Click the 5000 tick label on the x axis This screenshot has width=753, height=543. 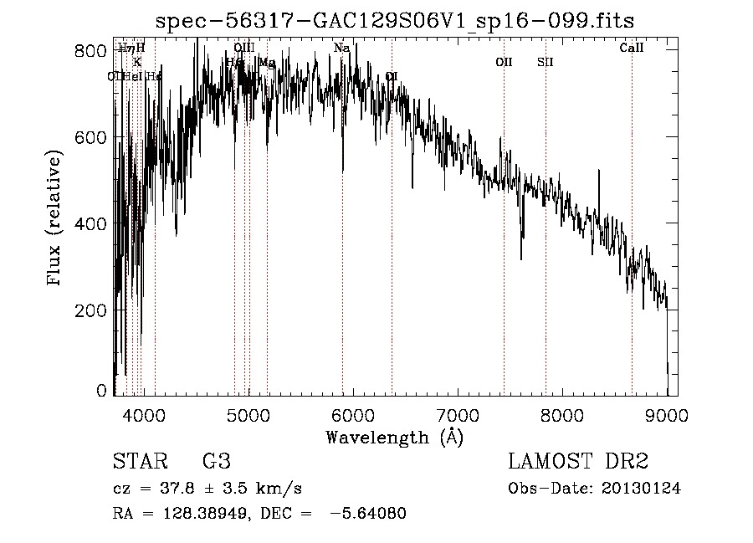[247, 414]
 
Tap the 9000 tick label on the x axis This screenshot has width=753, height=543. [667, 414]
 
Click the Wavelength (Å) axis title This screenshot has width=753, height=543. [394, 437]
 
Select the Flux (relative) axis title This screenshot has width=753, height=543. [55, 220]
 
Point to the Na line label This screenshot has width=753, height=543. [341, 49]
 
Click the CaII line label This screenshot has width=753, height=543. [631, 49]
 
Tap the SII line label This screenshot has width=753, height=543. [545, 62]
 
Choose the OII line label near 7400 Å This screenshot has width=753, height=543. [504, 62]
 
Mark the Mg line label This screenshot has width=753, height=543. [267, 62]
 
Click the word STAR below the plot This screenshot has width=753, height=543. [139, 462]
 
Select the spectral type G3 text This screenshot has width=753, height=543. [216, 462]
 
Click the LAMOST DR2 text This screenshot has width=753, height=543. [578, 462]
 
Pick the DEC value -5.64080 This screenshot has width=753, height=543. [369, 514]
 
